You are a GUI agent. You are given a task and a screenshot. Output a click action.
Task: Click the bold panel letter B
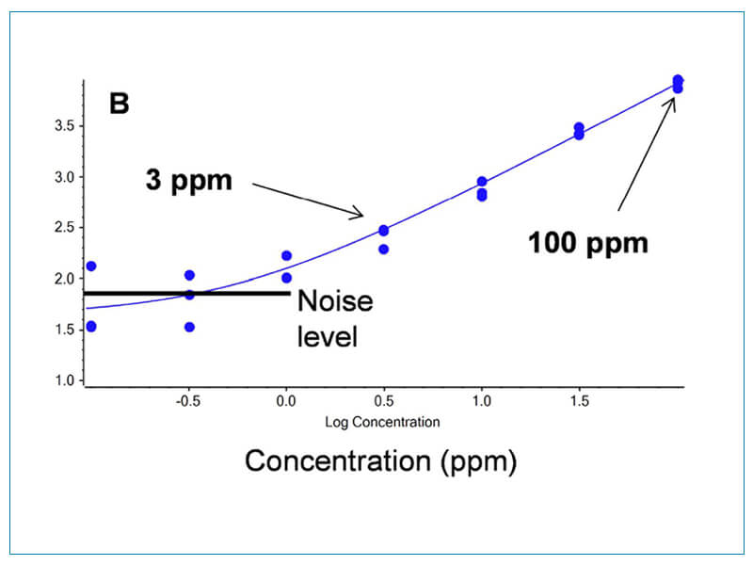point(120,103)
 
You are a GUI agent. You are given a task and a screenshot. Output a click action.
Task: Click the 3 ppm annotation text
point(188,180)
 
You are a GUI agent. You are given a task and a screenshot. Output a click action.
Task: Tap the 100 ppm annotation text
point(588,243)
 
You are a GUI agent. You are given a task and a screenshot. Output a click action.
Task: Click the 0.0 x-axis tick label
point(286,401)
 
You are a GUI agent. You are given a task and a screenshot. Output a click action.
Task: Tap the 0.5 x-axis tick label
point(384,401)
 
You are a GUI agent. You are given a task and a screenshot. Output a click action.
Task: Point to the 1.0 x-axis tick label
point(482,401)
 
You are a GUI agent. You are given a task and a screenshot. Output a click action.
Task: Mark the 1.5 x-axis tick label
point(580,401)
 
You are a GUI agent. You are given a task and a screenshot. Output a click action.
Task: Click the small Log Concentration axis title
point(382,422)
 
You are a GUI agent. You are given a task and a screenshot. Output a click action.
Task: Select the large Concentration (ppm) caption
point(380,462)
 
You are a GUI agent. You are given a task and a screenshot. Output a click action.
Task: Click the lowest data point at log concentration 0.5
point(383,250)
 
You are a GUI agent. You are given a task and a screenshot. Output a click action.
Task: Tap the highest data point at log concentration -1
point(90,266)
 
